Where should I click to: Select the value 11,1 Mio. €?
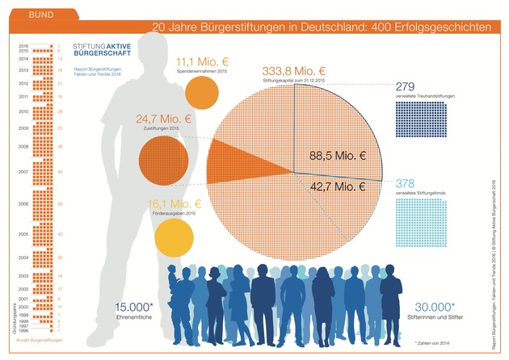(202, 61)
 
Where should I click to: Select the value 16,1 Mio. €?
(174, 203)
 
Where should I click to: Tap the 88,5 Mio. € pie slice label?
(337, 156)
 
